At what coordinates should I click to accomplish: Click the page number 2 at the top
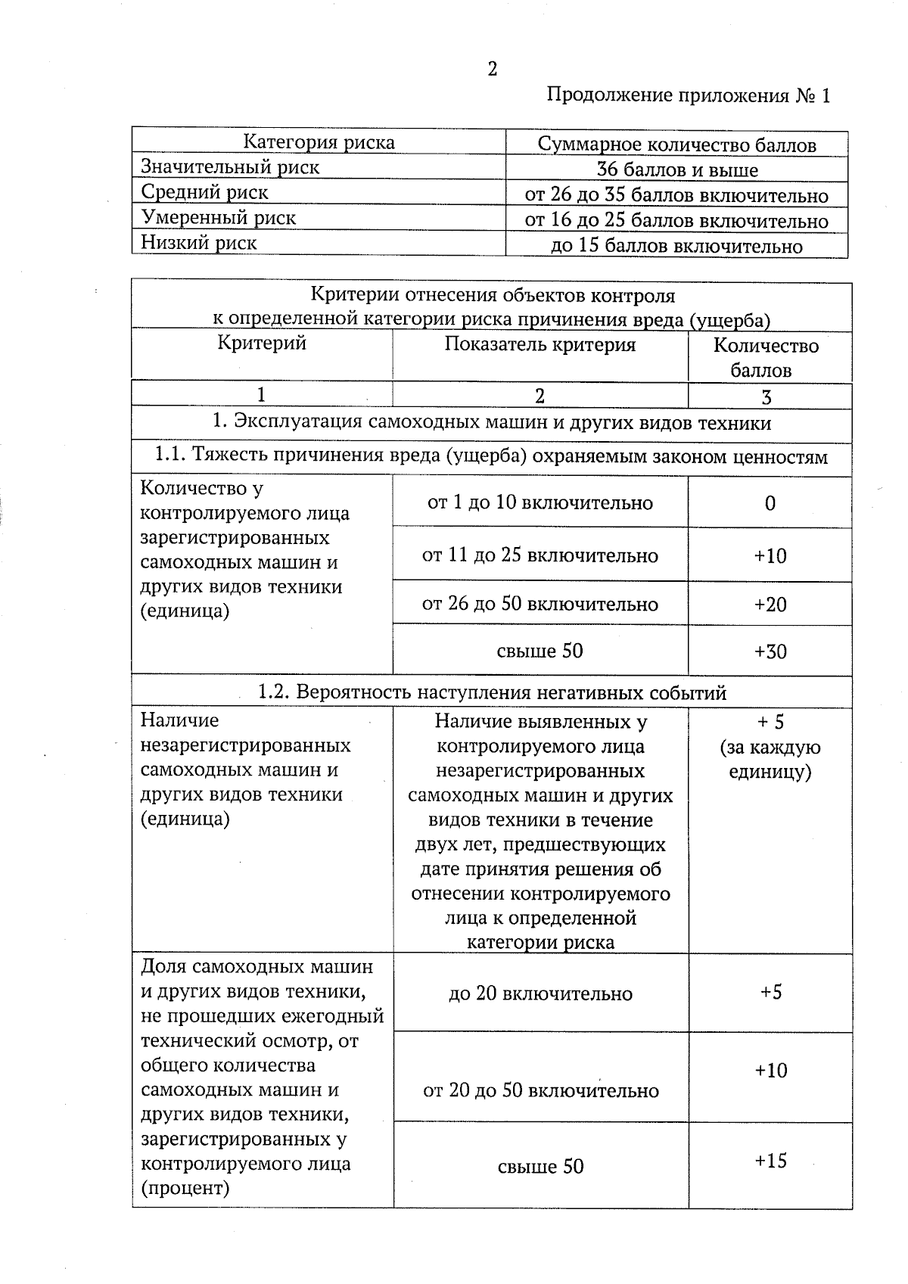[x=493, y=70]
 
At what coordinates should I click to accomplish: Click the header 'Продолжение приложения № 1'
[x=688, y=96]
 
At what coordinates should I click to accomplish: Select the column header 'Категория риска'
[x=319, y=142]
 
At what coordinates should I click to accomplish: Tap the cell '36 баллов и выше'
[x=676, y=170]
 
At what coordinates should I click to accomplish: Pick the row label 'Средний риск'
[x=205, y=193]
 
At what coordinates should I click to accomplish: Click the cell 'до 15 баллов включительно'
[x=676, y=247]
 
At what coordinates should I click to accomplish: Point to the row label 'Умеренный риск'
[x=219, y=218]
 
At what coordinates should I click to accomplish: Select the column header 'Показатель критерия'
[x=540, y=345]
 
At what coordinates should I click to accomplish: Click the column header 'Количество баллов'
[x=766, y=358]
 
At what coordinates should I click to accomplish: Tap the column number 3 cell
[x=767, y=397]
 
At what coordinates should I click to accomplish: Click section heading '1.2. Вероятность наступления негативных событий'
[x=492, y=692]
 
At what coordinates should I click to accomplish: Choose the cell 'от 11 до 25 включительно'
[x=540, y=556]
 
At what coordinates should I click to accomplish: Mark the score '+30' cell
[x=770, y=651]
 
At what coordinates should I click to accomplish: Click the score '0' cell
[x=770, y=504]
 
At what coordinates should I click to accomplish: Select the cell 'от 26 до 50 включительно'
[x=540, y=605]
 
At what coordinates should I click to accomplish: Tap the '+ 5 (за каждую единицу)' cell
[x=770, y=747]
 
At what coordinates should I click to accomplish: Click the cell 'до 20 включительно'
[x=540, y=993]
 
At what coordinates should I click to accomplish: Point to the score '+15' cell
[x=770, y=1161]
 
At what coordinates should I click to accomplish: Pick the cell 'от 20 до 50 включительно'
[x=540, y=1091]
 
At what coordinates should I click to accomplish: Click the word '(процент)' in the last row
[x=185, y=1188]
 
